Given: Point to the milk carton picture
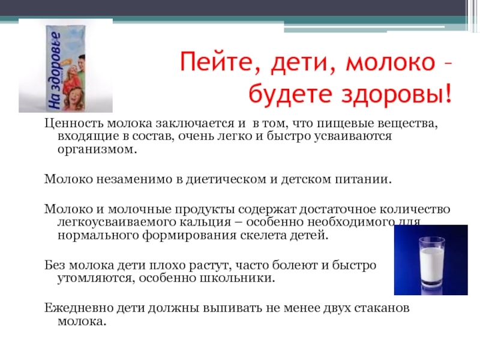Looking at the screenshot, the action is point(65,68).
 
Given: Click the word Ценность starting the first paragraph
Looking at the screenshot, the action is point(74,124).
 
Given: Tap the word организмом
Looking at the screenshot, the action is point(97,149).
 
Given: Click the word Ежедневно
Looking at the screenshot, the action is point(79,308).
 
